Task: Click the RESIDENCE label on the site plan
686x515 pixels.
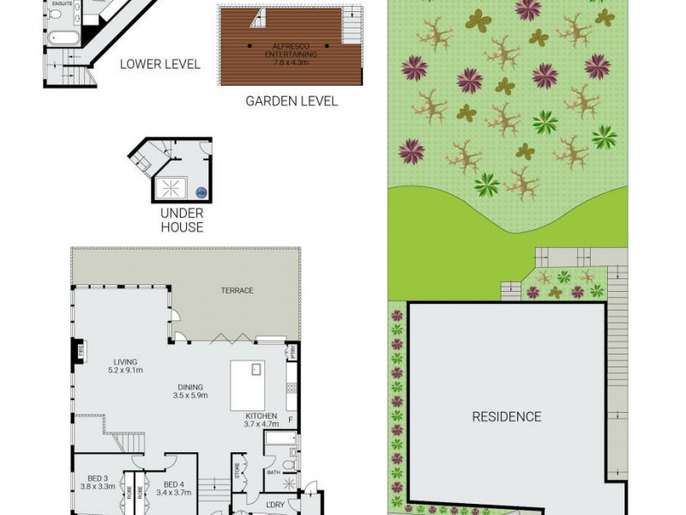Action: point(507,417)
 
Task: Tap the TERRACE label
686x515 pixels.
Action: point(237,291)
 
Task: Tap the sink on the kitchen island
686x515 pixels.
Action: point(255,370)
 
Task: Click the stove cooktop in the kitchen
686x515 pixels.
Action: point(292,389)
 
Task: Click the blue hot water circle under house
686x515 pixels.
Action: point(202,193)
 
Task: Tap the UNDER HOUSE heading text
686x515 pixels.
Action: point(182,220)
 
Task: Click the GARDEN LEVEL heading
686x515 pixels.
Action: point(292,100)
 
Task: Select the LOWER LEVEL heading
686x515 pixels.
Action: point(159,64)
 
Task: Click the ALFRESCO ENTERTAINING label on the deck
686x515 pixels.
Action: point(291,51)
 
